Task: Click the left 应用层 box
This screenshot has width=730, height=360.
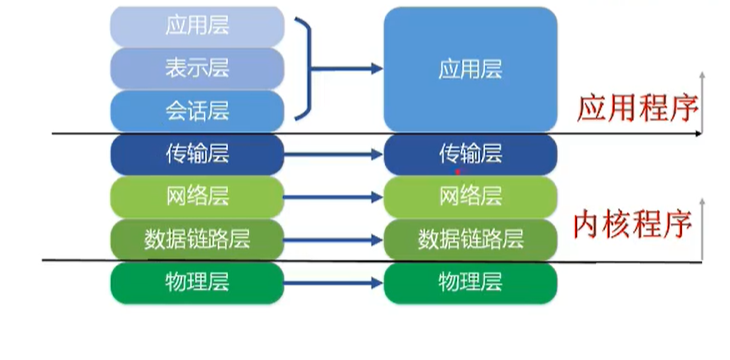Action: click(x=197, y=26)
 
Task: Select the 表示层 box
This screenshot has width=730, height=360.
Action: click(x=197, y=68)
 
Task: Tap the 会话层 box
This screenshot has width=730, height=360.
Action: click(x=197, y=109)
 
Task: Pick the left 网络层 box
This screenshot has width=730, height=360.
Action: click(x=197, y=196)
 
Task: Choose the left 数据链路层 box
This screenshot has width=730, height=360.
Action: click(x=197, y=239)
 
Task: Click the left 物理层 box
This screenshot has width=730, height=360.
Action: click(x=197, y=282)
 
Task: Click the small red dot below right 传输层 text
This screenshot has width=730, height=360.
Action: click(x=458, y=171)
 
